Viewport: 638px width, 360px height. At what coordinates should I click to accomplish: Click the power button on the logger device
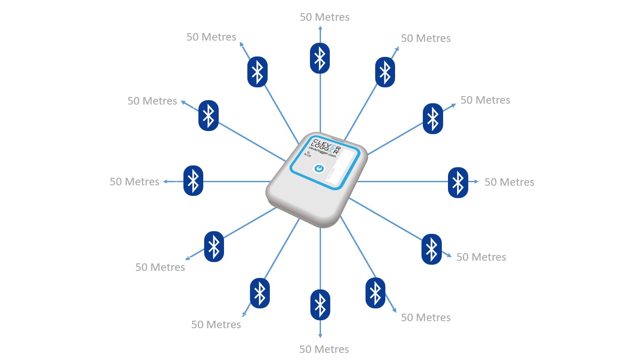tap(319, 169)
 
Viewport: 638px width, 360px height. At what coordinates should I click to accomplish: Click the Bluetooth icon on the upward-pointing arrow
tap(320, 58)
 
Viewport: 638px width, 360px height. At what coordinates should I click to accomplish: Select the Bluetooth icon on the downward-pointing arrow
tap(320, 304)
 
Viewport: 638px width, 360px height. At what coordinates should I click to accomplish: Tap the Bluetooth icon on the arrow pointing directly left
tap(193, 180)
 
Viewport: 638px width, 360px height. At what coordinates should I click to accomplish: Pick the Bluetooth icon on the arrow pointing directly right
tap(458, 182)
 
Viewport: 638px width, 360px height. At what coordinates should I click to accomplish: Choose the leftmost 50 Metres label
tap(134, 181)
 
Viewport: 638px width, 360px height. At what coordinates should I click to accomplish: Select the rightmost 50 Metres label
tap(509, 182)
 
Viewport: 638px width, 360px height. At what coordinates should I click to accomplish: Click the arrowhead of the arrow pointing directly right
tap(476, 181)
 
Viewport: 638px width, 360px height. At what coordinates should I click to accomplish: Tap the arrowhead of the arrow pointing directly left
tap(165, 181)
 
